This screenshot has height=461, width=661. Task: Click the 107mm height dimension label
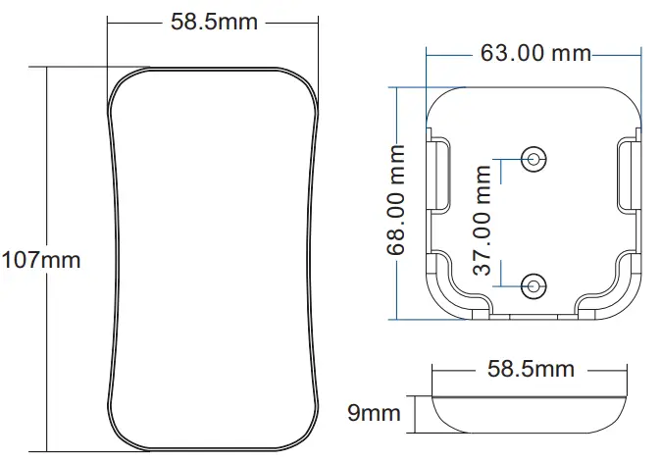click(x=40, y=261)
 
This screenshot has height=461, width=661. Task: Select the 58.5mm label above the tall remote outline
click(x=215, y=21)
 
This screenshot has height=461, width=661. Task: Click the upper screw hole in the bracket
click(x=534, y=157)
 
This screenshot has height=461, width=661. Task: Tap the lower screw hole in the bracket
click(x=534, y=285)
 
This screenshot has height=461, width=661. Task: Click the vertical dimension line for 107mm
click(x=46, y=177)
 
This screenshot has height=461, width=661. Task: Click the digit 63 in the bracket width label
click(x=494, y=53)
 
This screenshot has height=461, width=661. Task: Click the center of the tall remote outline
click(x=215, y=260)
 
